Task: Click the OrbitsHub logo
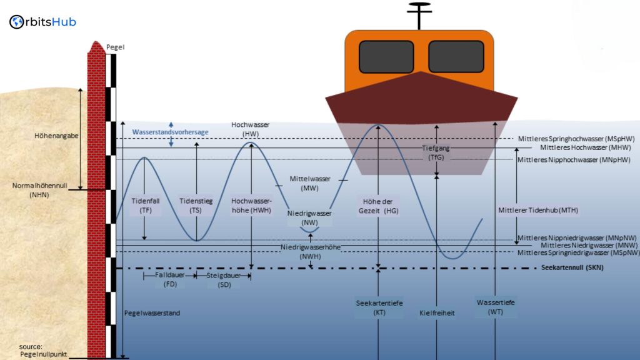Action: tap(43, 22)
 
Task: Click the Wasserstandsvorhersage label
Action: tap(170, 132)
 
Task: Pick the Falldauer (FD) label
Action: tap(171, 279)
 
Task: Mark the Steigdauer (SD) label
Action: tap(224, 279)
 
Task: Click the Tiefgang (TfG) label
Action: tap(436, 153)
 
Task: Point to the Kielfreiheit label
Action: tap(436, 312)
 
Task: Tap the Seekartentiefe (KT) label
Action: tap(379, 307)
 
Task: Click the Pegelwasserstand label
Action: tap(152, 312)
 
